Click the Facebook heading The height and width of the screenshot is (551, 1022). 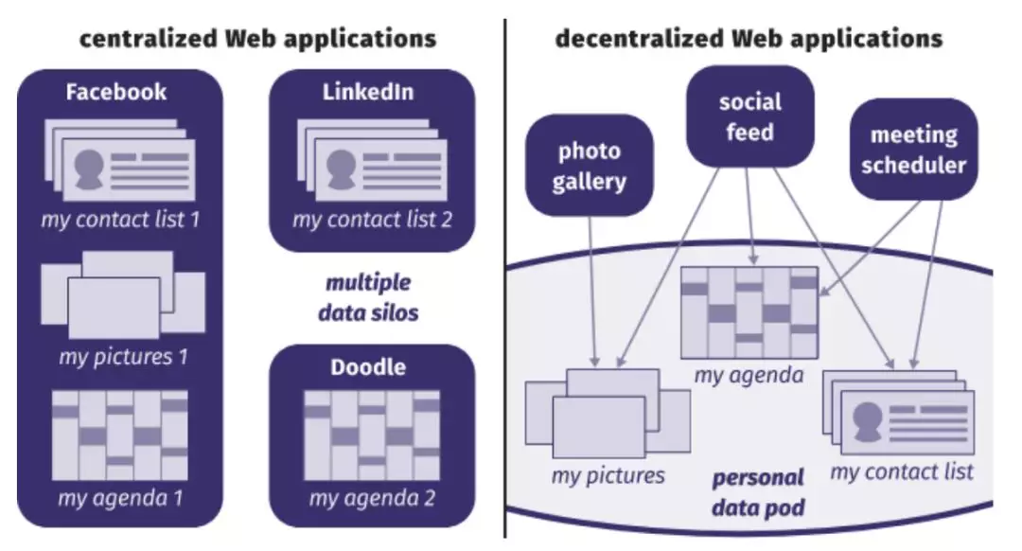(x=116, y=92)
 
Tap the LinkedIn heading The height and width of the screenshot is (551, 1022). (x=368, y=92)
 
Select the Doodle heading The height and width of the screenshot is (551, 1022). (x=368, y=367)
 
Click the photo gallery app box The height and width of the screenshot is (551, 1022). (x=590, y=166)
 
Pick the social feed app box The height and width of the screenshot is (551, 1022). (x=750, y=116)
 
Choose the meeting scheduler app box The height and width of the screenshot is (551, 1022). (x=914, y=150)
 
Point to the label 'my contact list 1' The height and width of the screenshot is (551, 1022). (x=120, y=220)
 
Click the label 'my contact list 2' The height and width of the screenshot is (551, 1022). (x=372, y=220)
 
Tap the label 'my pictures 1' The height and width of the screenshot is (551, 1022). (x=123, y=357)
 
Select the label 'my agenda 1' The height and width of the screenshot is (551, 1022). (x=120, y=498)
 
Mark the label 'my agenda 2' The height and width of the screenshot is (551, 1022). (x=372, y=498)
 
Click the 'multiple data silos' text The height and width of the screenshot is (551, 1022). (x=368, y=298)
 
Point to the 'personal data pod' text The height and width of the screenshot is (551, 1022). (x=758, y=492)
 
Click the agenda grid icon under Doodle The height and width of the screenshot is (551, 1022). (x=372, y=435)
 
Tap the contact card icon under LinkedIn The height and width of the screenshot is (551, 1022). (x=372, y=160)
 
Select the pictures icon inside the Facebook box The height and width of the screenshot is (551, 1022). (x=123, y=294)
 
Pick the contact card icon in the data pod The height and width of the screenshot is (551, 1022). (x=899, y=413)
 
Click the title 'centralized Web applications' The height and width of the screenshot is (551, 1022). (x=258, y=39)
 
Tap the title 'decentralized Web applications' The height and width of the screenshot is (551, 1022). (x=749, y=39)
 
